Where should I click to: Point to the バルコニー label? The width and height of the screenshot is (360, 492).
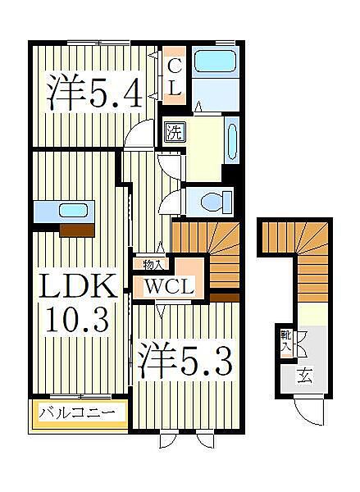tap(80, 412)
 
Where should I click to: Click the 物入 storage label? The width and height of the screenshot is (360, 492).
tap(153, 264)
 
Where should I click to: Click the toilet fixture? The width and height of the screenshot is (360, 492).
tap(216, 200)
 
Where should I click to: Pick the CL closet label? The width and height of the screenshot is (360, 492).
tap(175, 75)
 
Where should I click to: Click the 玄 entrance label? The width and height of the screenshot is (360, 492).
tap(304, 377)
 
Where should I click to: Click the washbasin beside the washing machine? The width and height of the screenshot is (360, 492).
tap(231, 140)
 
